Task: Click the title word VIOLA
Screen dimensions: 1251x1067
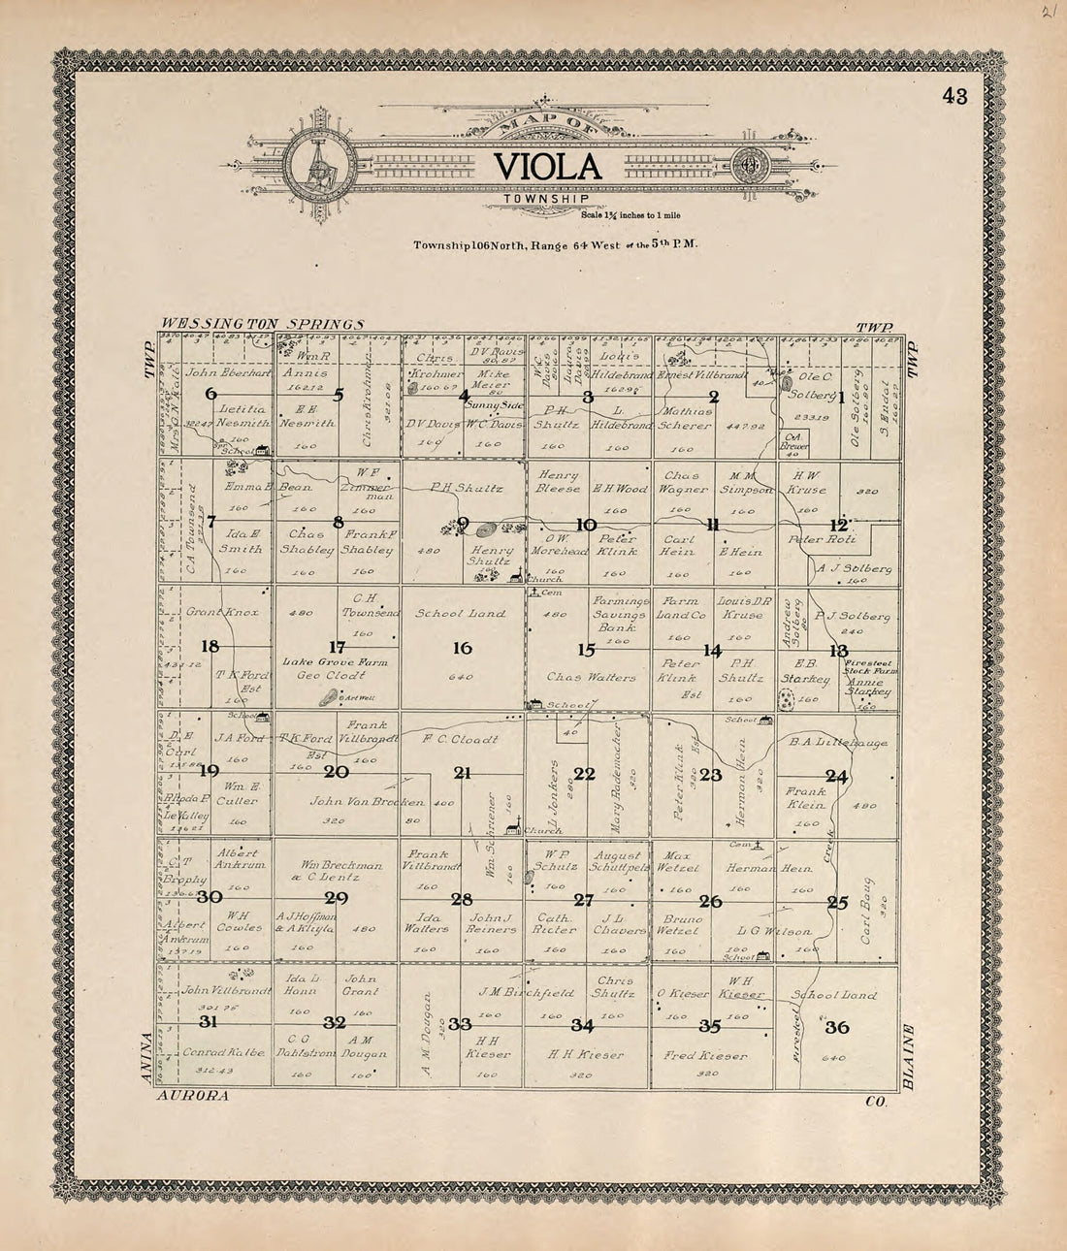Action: click(548, 166)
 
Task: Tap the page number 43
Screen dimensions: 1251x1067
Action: click(954, 95)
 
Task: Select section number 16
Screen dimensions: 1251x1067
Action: click(462, 648)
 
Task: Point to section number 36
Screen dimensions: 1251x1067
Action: click(835, 1029)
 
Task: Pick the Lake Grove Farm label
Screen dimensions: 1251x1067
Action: click(320, 661)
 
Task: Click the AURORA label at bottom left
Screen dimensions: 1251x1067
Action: click(192, 1096)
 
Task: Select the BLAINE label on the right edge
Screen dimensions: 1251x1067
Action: click(909, 1057)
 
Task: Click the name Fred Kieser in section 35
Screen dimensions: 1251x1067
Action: click(705, 1055)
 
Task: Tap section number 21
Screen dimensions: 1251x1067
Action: click(463, 773)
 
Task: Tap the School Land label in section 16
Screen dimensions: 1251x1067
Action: click(461, 614)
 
